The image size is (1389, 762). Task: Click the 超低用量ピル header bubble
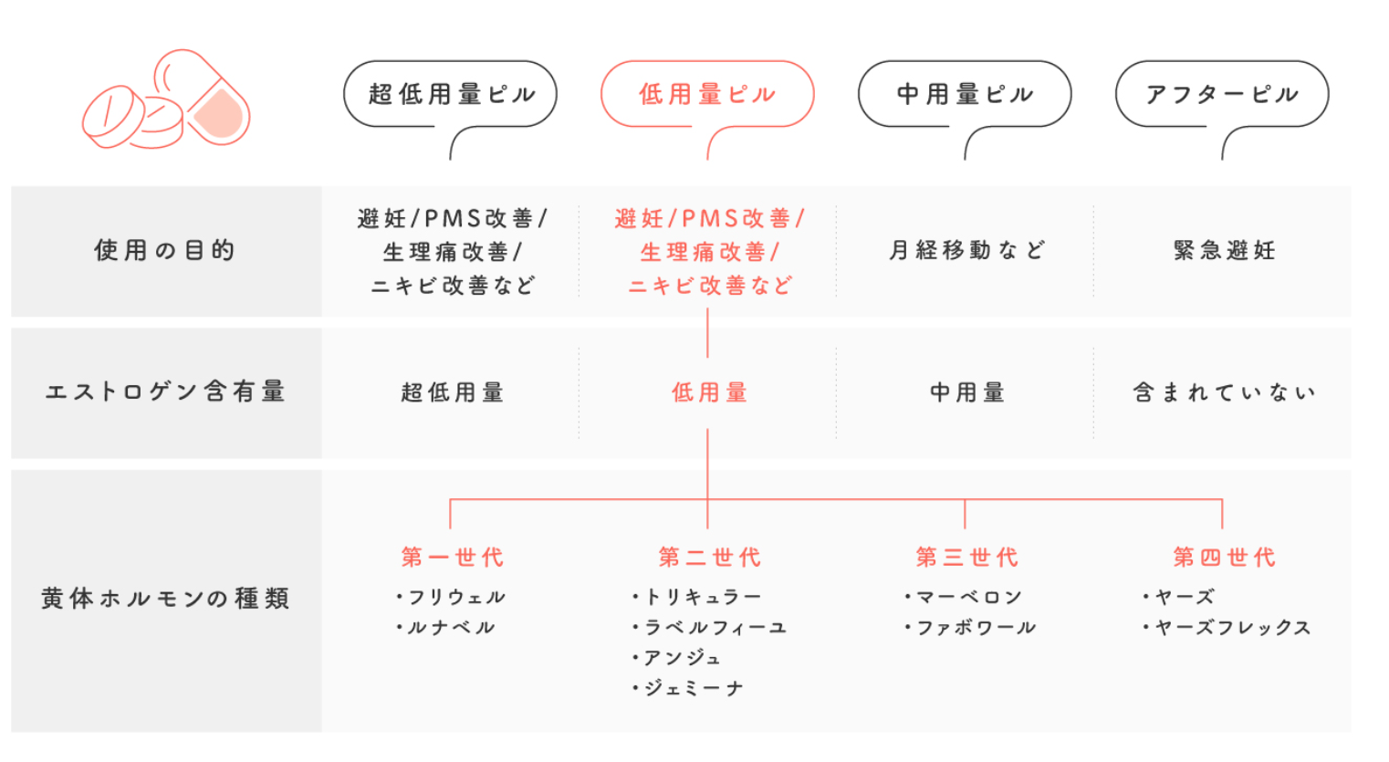pos(451,94)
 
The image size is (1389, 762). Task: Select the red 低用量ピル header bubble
pos(707,94)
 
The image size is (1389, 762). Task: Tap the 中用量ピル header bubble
pos(965,94)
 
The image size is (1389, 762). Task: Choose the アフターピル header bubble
pos(1222,94)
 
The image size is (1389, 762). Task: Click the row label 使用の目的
pos(165,250)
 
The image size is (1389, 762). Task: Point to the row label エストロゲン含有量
pos(165,391)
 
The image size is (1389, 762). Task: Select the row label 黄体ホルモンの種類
pos(165,599)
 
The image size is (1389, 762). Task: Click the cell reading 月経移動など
pos(966,250)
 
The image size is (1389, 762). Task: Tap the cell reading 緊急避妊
pos(1225,250)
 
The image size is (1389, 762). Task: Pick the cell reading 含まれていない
pos(1224,392)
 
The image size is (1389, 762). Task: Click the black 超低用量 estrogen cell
pos(452,392)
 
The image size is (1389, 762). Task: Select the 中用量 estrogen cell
pos(967,392)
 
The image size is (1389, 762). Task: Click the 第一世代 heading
pos(452,558)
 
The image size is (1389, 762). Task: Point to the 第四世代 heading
pos(1225,558)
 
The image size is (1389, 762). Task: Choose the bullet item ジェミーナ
pos(687,688)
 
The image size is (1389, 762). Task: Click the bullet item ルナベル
pos(446,628)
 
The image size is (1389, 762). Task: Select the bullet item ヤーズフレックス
pos(1227,628)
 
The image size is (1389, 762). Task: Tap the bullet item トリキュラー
pos(696,598)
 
